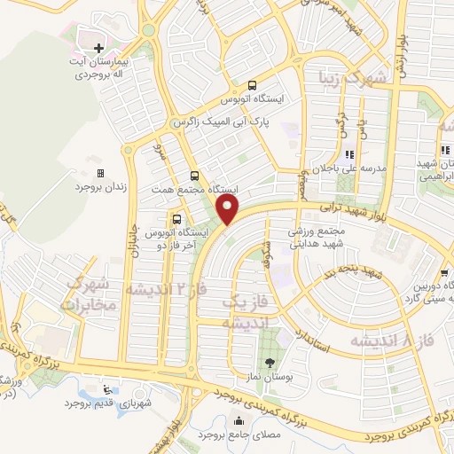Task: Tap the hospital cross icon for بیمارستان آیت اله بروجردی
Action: coord(98,46)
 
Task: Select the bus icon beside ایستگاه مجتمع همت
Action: coord(194,175)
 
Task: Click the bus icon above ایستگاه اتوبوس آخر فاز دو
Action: coord(176,218)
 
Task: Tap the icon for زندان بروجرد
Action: coord(100,173)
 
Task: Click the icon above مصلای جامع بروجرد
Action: coord(236,422)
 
